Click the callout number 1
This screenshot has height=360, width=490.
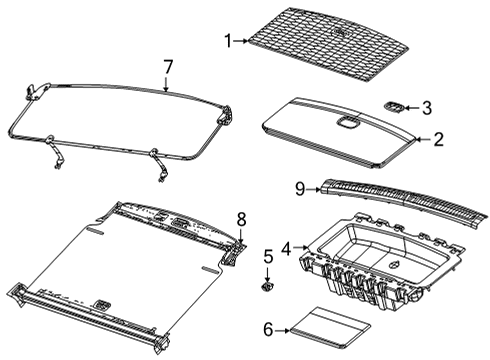click(227, 41)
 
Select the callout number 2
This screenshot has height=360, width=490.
click(437, 140)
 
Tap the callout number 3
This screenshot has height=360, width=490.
click(426, 107)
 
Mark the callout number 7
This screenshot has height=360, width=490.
click(168, 67)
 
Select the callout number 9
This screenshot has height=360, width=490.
click(298, 187)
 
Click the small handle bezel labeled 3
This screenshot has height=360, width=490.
click(395, 105)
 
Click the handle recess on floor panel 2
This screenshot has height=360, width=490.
click(347, 124)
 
